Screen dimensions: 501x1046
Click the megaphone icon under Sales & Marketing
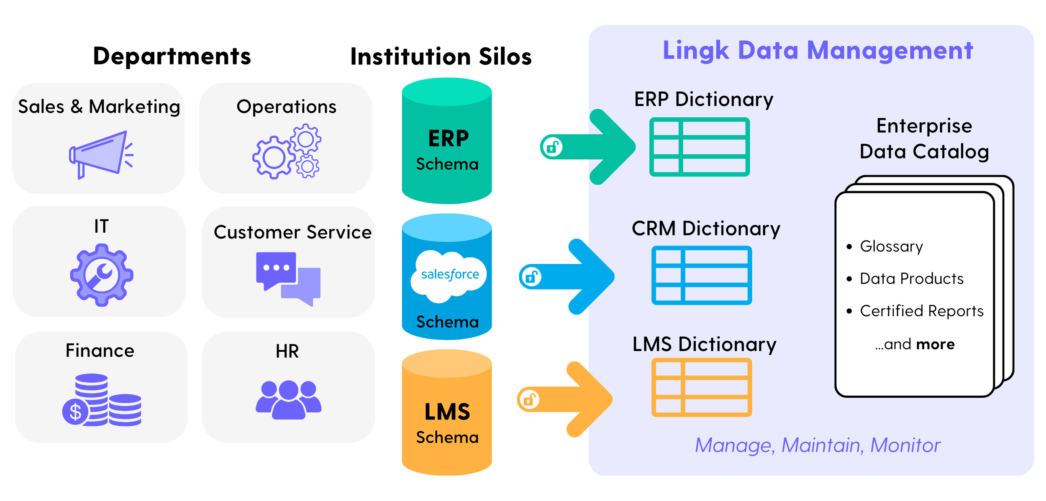(x=100, y=154)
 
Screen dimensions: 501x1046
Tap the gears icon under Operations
(x=287, y=151)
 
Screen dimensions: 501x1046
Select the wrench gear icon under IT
(x=102, y=275)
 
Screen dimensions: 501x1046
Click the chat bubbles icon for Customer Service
(x=288, y=279)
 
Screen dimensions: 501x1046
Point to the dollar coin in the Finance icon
(x=75, y=412)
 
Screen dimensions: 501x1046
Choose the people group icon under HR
(x=288, y=399)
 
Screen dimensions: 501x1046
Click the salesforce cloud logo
(x=449, y=275)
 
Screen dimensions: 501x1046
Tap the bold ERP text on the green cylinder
(x=448, y=138)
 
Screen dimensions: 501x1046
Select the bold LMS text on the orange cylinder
(x=447, y=412)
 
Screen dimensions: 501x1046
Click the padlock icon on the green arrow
(x=552, y=147)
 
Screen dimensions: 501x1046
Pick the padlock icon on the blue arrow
(x=531, y=276)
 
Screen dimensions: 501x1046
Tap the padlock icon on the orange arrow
(x=529, y=399)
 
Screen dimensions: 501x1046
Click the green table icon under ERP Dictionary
(x=699, y=147)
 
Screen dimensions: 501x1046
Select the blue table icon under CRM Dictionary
(x=701, y=275)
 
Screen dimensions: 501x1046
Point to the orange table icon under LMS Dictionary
(x=701, y=387)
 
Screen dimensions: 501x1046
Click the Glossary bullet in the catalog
(x=891, y=246)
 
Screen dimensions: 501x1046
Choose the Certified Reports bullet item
(x=921, y=311)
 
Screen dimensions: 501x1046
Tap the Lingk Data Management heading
(x=818, y=51)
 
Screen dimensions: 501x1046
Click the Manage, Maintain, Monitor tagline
(x=817, y=445)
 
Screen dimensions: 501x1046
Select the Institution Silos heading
(x=441, y=56)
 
